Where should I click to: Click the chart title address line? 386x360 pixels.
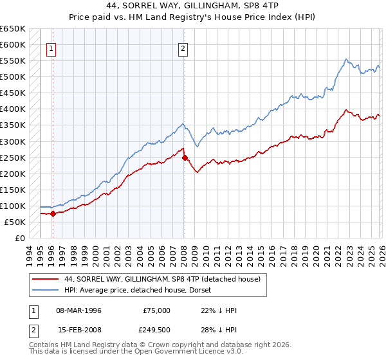pyautogui.click(x=193, y=5)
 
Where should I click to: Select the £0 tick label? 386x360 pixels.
pyautogui.click(x=19, y=238)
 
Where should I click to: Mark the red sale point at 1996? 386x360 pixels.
pyautogui.click(x=53, y=214)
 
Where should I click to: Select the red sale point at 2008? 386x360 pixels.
pyautogui.click(x=185, y=157)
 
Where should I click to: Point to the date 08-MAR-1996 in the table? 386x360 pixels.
pyautogui.click(x=78, y=310)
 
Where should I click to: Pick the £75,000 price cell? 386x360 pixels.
pyautogui.click(x=157, y=310)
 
